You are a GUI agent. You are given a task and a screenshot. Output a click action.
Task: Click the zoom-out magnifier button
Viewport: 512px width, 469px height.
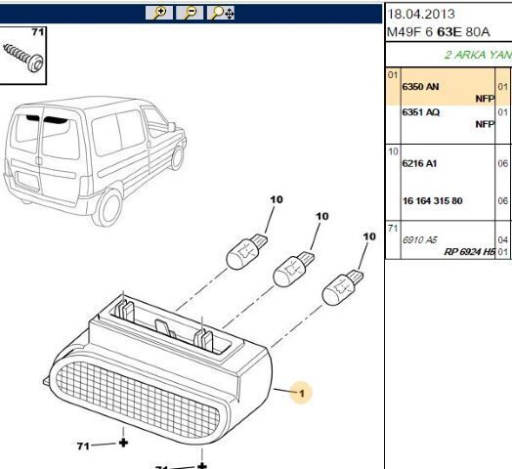click(x=192, y=13)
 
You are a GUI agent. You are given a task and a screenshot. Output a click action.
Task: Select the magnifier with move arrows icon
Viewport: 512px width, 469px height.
click(x=223, y=13)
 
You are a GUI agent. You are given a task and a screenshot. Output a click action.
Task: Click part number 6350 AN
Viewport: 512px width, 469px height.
click(x=421, y=87)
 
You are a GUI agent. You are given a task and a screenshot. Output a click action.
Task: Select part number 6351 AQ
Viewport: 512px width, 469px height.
click(x=421, y=112)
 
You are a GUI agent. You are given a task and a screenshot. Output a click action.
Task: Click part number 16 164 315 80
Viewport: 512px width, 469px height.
click(x=433, y=200)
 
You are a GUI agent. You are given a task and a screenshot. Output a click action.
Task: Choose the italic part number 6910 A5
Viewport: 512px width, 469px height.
click(x=420, y=238)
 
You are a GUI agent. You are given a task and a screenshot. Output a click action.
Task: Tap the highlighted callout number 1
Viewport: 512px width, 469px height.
click(x=303, y=394)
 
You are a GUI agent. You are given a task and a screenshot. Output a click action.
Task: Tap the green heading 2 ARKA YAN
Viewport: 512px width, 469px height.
click(x=478, y=55)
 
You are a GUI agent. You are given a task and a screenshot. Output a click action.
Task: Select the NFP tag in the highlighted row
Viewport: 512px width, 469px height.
click(x=485, y=99)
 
